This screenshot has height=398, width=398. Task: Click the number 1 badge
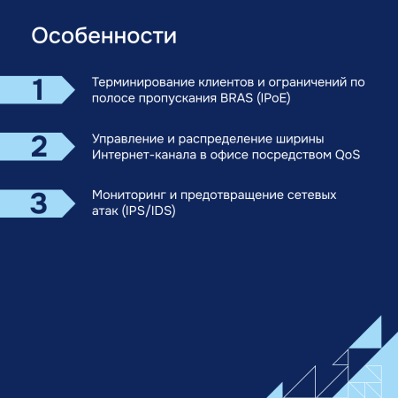coord(37,90)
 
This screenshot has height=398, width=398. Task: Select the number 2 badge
coord(38,147)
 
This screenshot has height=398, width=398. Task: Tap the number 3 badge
coord(38,203)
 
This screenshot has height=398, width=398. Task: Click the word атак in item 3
coord(104,210)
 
